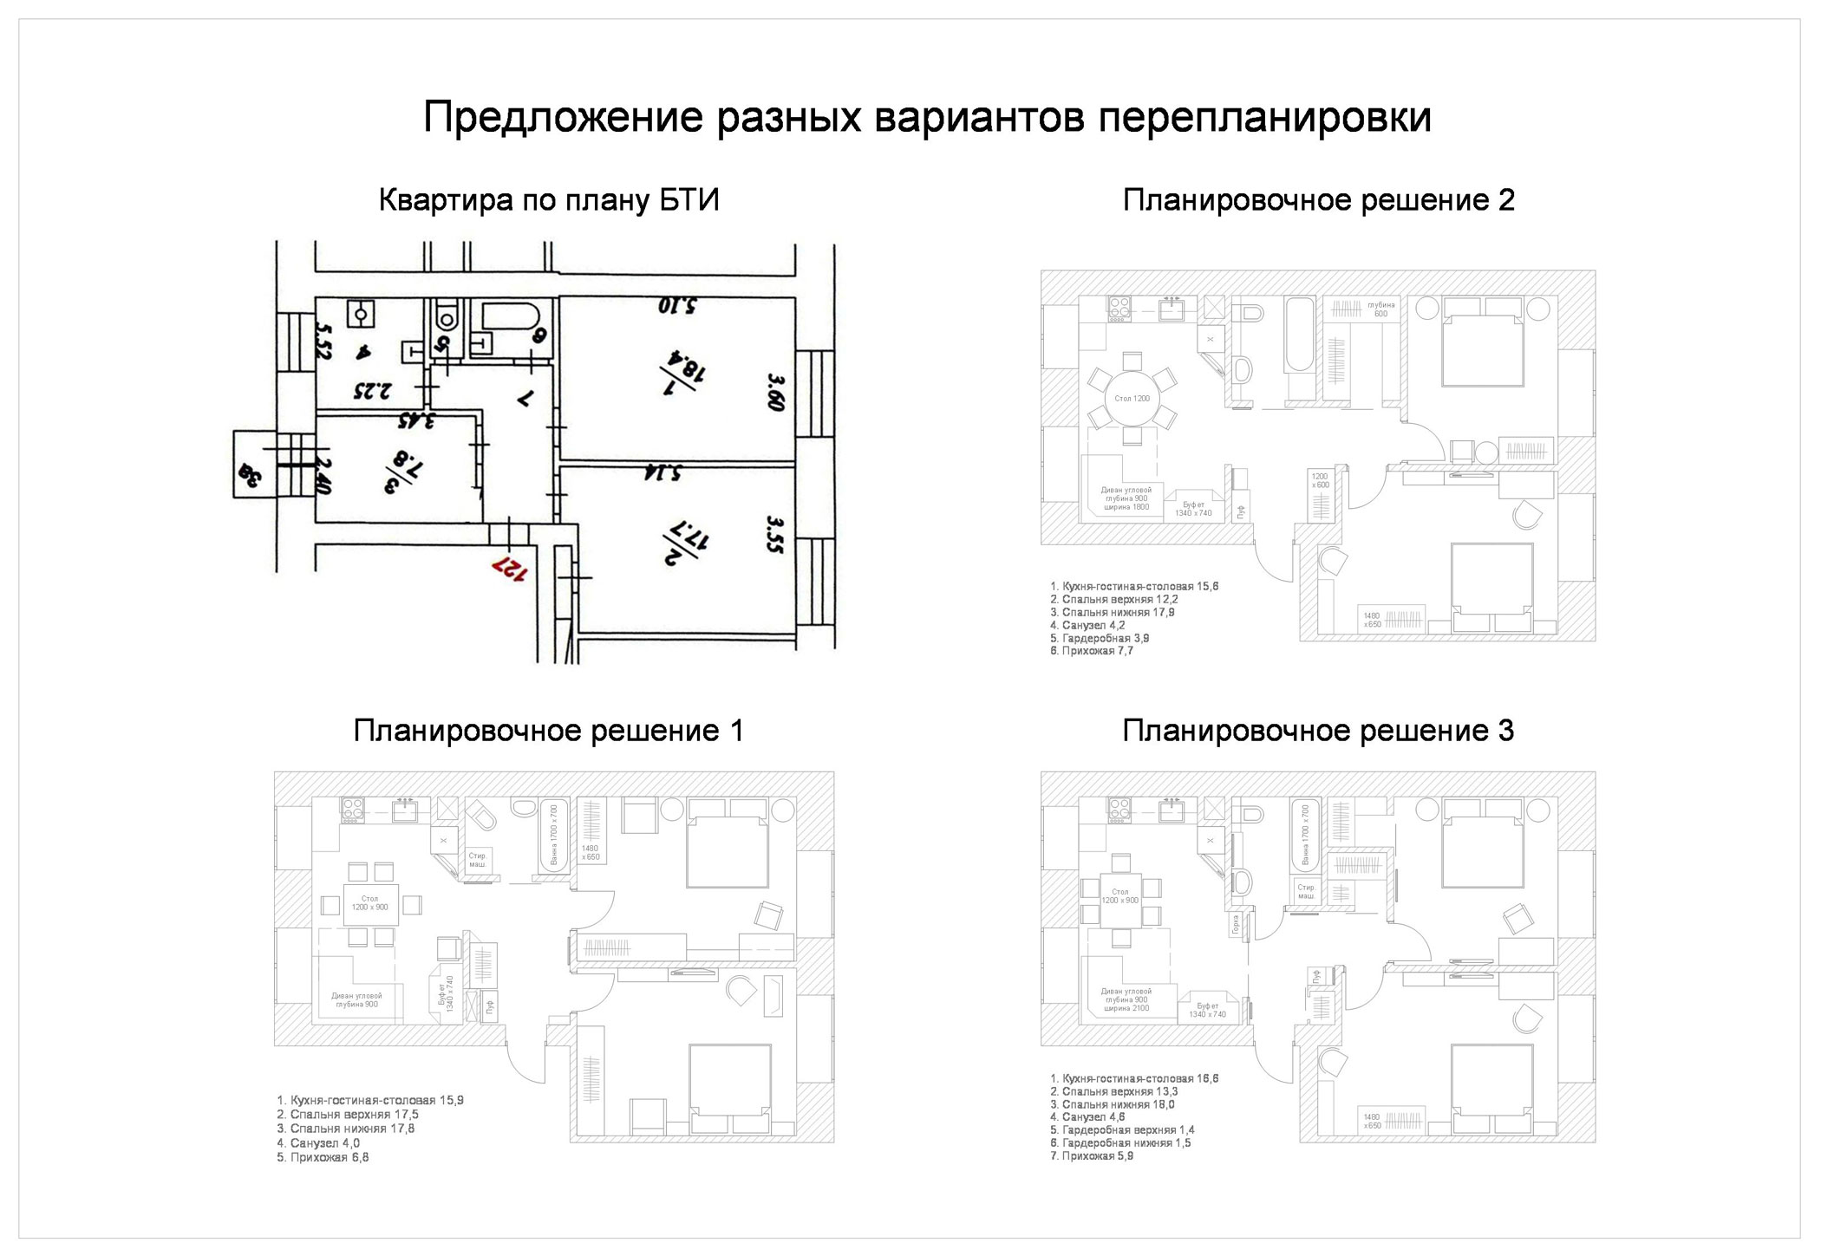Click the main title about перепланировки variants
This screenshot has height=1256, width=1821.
926,118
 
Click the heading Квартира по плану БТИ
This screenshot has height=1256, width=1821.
549,201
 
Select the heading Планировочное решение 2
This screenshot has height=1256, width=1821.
1318,201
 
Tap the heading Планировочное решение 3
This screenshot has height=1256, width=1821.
1318,732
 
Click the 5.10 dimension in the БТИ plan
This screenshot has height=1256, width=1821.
677,306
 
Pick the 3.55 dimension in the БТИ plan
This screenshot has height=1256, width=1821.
774,536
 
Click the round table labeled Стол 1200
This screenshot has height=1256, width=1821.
1132,399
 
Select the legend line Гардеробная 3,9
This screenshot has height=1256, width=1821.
1100,638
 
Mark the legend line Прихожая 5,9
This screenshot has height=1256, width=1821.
1091,1155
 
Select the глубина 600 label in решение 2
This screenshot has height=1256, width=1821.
1380,309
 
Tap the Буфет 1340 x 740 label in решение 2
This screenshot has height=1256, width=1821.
1193,508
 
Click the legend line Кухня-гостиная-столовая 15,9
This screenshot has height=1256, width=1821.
369,1101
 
